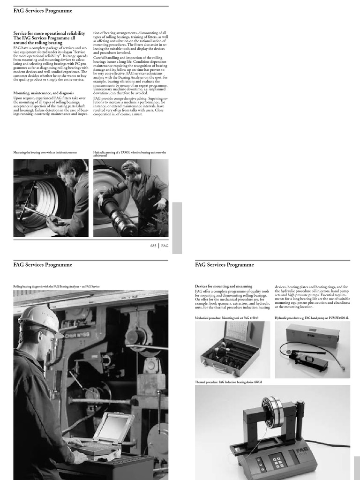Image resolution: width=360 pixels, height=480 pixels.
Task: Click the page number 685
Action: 153,246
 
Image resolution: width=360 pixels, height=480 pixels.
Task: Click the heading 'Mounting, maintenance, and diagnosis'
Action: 43,93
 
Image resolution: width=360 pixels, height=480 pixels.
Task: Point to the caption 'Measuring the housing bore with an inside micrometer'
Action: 45,152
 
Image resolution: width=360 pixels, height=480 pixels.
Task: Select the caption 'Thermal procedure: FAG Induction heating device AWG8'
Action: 228,382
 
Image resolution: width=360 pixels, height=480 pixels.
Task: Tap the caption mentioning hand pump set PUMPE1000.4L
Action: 312,318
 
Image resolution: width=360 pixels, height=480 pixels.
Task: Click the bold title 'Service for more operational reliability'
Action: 49,34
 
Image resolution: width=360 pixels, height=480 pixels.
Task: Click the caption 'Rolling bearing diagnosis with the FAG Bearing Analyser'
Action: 56,286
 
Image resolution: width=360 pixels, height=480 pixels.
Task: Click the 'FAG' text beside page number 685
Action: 165,246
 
